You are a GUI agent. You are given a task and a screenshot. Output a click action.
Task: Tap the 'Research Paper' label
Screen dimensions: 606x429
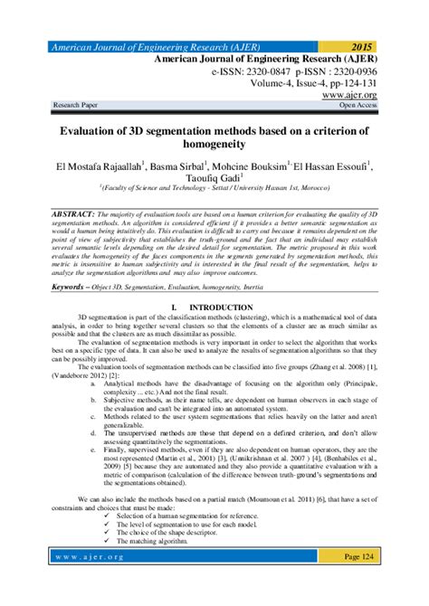80,106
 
